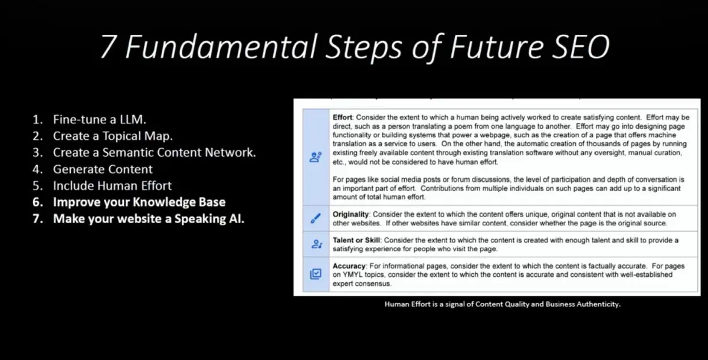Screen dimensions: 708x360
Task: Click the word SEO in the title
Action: click(581, 47)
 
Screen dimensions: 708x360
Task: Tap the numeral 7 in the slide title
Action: click(108, 47)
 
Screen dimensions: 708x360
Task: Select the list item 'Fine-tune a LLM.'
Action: click(100, 119)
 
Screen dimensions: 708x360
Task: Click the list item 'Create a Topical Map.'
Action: click(113, 136)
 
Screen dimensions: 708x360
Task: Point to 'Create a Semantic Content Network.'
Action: click(154, 152)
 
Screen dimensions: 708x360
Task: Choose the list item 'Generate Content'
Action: click(103, 169)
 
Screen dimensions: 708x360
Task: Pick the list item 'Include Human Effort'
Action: click(112, 185)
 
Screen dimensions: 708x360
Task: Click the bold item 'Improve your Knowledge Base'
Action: click(139, 202)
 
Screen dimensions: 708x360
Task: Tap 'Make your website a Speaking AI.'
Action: click(149, 219)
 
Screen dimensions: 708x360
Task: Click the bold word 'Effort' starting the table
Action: click(342, 117)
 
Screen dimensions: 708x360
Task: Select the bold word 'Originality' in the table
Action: click(350, 214)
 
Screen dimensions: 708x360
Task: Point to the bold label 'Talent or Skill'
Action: click(356, 240)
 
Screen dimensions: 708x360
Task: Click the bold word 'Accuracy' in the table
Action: click(349, 266)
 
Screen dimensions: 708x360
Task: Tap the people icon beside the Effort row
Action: click(316, 157)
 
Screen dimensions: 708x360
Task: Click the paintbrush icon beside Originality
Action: click(316, 218)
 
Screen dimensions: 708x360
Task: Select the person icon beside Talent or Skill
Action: click(316, 244)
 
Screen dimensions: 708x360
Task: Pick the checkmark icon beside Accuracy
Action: click(316, 274)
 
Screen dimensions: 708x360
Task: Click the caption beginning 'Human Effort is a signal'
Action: click(503, 304)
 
